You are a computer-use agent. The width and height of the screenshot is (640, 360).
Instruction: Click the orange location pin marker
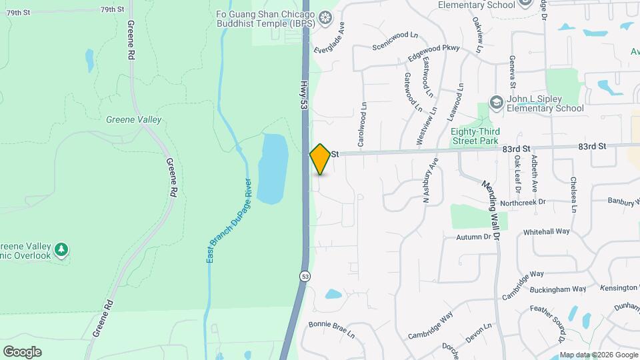click(321, 159)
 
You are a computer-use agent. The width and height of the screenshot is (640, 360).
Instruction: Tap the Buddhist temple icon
click(325, 17)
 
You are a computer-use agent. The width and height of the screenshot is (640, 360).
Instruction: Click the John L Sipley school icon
click(496, 102)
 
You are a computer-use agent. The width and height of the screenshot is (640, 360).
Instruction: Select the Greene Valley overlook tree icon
click(61, 250)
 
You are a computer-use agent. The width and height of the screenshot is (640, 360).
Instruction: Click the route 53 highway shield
click(303, 276)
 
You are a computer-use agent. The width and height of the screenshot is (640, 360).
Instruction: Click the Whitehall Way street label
click(547, 231)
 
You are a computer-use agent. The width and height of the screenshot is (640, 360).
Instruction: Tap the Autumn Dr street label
click(474, 237)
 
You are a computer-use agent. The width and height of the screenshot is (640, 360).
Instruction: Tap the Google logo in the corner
click(22, 351)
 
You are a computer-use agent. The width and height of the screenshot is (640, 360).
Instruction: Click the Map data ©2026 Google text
click(598, 355)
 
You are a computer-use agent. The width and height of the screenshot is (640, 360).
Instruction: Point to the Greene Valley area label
click(133, 119)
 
